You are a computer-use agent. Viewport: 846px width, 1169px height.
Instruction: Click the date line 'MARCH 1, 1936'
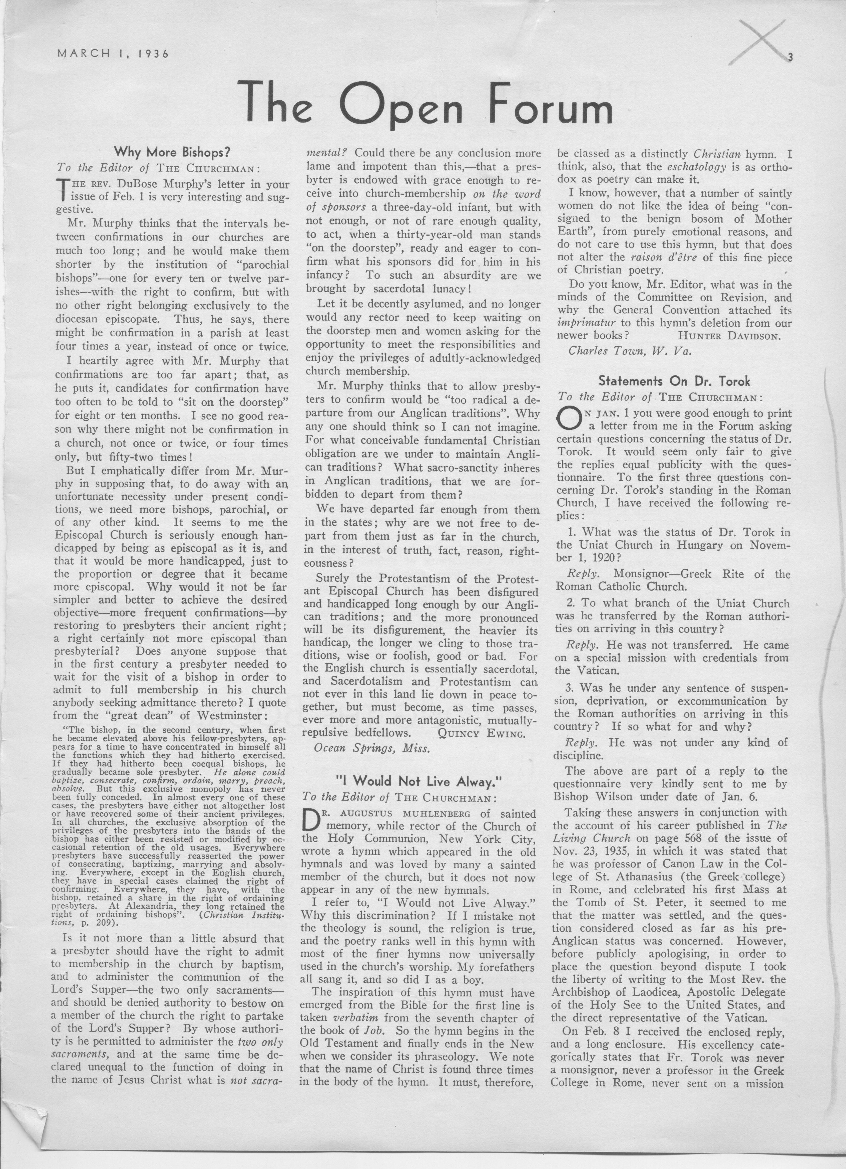pyautogui.click(x=113, y=53)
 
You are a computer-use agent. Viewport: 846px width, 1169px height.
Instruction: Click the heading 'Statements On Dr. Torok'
pyautogui.click(x=674, y=381)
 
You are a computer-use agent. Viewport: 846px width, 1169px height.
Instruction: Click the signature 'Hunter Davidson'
pyautogui.click(x=730, y=336)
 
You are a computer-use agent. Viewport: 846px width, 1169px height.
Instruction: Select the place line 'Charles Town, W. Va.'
pyautogui.click(x=630, y=350)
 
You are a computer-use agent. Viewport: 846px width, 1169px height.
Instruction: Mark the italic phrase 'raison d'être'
pyautogui.click(x=664, y=257)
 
